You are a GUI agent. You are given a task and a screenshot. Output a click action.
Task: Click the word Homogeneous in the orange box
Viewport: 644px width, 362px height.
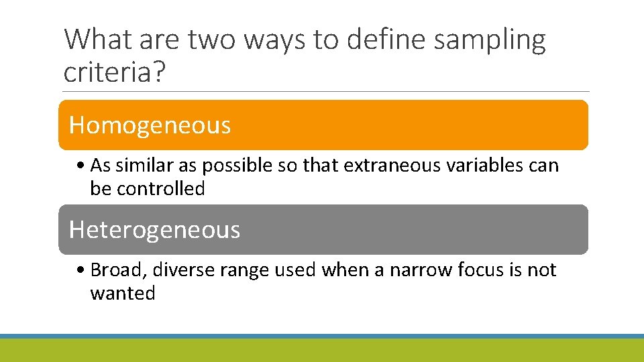click(150, 125)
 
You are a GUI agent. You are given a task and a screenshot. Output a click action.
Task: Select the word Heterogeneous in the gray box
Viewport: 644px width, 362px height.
click(154, 230)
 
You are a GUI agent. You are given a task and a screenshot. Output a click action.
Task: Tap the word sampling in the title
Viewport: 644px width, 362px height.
click(490, 40)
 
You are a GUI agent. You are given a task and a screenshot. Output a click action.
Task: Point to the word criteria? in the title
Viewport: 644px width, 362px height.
click(113, 71)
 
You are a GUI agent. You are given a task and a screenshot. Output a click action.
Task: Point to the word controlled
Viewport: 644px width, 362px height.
click(160, 189)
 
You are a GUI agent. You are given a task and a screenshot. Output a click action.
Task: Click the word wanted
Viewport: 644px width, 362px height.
click(122, 294)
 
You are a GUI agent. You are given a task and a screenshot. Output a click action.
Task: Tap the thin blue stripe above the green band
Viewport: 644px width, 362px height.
click(322, 336)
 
